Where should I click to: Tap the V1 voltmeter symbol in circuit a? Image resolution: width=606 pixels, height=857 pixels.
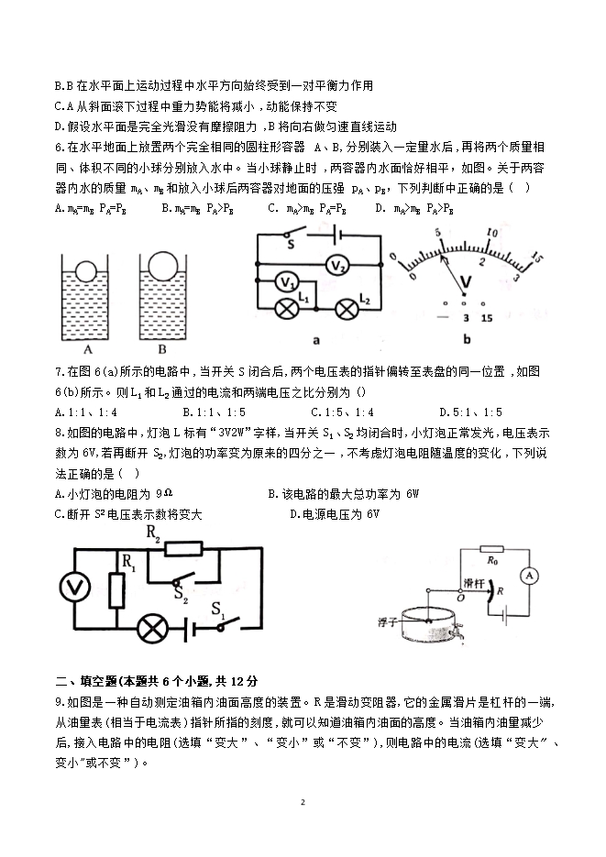[286, 280]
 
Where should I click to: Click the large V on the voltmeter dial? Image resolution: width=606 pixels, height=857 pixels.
[466, 279]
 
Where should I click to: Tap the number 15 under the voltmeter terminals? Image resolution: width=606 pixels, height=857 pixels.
[487, 317]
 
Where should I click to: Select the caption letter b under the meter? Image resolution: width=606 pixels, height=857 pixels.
[467, 339]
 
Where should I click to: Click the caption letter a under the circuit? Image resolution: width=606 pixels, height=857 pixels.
[315, 339]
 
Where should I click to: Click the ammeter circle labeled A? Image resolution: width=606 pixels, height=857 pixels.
[528, 575]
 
